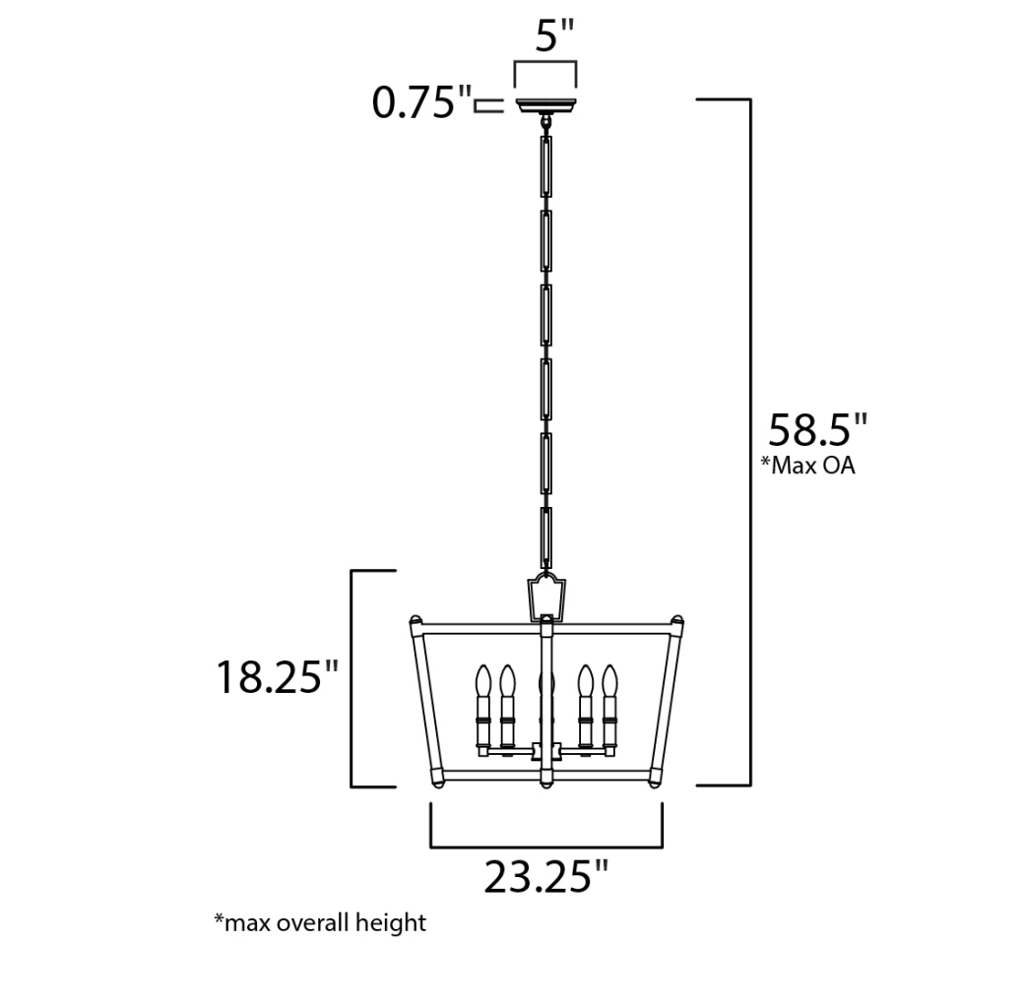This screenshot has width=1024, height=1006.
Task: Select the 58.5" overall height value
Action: coord(817,430)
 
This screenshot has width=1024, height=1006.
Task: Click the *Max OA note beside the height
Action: coord(807,466)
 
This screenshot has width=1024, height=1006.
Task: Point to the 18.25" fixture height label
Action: coord(277,677)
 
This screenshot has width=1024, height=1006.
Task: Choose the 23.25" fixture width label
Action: coord(545,876)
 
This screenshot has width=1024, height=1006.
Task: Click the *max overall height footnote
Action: coord(320,923)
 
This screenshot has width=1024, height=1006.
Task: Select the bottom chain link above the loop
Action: coord(545,536)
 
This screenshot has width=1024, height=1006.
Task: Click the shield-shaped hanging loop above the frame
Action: coord(546,596)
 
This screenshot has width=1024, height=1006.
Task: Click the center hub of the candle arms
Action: coord(546,752)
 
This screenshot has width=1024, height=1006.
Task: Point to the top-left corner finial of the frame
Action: coord(416,621)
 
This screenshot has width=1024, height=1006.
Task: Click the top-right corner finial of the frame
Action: coord(677,621)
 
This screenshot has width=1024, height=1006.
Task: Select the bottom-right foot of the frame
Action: coord(656,784)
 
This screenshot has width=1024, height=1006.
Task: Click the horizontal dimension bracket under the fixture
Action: coord(545,844)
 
